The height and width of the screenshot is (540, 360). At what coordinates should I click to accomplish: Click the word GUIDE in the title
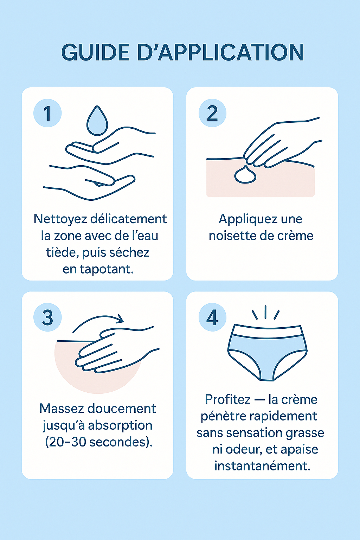pyautogui.click(x=96, y=52)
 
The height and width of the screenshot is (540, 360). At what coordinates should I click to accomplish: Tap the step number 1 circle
pyautogui.click(x=47, y=113)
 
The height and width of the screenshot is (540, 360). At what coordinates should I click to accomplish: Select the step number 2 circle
pyautogui.click(x=212, y=113)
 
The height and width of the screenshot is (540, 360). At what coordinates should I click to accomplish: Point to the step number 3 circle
pyautogui.click(x=47, y=317)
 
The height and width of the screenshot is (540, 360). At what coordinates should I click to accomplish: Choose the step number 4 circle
pyautogui.click(x=212, y=317)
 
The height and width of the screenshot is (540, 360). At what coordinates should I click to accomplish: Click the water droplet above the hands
pyautogui.click(x=97, y=121)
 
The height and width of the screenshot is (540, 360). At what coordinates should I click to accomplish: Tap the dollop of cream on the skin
pyautogui.click(x=245, y=174)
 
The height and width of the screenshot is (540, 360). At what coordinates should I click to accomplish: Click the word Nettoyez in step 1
pyautogui.click(x=60, y=219)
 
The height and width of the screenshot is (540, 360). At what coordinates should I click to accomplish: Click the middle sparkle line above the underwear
pyautogui.click(x=265, y=312)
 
